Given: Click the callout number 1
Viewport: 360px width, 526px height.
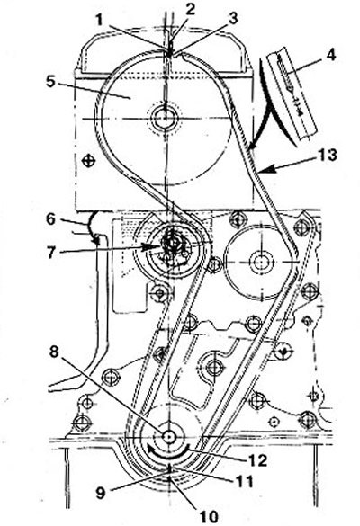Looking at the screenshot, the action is [x=99, y=20].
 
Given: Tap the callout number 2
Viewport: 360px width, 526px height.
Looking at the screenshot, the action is [x=190, y=9].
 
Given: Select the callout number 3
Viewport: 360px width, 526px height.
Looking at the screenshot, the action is [x=233, y=19].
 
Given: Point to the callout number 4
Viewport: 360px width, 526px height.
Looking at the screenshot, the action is [x=330, y=55].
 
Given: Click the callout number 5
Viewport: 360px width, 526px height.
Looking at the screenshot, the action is [x=50, y=82].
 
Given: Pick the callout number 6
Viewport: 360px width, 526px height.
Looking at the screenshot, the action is [x=50, y=219].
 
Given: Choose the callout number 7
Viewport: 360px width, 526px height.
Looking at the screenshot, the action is [x=50, y=252].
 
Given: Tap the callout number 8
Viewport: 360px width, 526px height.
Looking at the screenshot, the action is [x=54, y=352].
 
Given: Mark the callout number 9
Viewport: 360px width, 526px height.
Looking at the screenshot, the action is [x=101, y=492].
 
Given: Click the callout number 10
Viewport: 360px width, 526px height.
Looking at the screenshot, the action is [x=209, y=517].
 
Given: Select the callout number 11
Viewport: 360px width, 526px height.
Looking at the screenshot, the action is [x=245, y=482].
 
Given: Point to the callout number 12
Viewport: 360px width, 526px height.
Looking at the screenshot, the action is [x=257, y=460].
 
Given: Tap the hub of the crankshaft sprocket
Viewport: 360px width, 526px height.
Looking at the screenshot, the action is [x=168, y=436].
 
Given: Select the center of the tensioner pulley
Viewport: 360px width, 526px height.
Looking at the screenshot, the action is [x=172, y=242].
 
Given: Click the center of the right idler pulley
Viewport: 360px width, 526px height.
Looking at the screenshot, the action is [x=259, y=262].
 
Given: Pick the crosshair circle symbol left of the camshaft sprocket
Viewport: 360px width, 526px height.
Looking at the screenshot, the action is [x=89, y=161].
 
